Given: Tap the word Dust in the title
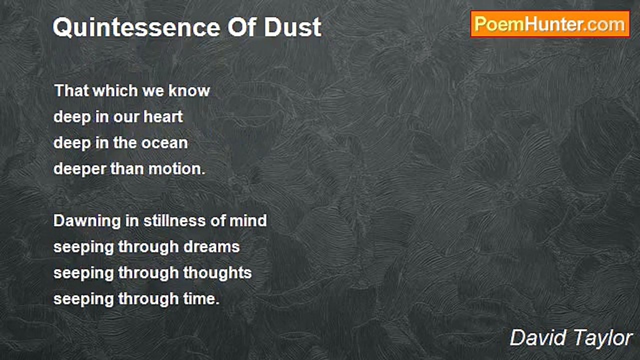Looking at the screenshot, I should (x=292, y=27).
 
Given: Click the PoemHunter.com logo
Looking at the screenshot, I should (x=550, y=24).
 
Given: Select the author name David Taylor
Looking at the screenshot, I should (x=571, y=338).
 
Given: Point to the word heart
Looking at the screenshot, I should (x=163, y=117).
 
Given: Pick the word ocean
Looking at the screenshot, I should (x=164, y=143).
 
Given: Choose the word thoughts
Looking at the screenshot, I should (x=217, y=273).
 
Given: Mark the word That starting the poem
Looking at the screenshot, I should (x=69, y=91).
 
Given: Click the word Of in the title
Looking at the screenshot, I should (x=243, y=27).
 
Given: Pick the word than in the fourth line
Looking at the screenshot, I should (x=127, y=169).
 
